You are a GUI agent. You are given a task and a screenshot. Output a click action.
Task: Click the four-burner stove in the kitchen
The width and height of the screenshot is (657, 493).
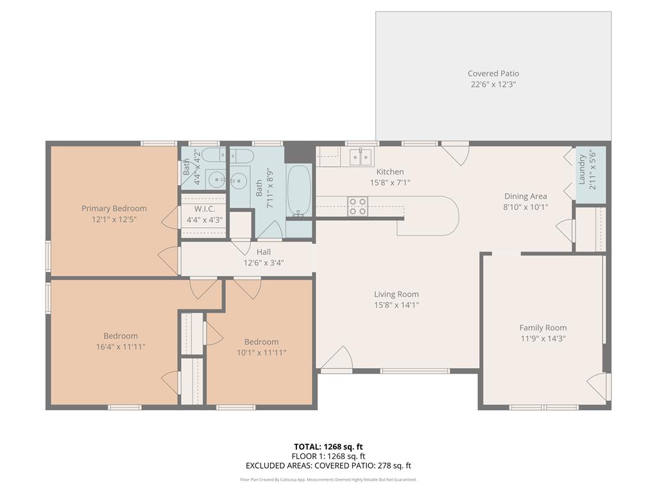357,206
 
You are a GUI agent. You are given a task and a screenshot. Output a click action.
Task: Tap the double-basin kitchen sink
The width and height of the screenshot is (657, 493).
359,157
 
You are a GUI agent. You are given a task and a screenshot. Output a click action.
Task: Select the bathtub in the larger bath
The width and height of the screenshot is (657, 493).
299,191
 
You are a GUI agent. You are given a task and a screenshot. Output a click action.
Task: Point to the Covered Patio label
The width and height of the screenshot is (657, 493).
493,74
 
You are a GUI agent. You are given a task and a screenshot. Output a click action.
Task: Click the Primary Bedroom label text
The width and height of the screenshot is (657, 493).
114,208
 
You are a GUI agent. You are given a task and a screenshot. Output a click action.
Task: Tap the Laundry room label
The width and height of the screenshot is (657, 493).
582,169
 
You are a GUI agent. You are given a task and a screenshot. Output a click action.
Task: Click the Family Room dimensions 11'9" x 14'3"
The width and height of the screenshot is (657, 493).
543,338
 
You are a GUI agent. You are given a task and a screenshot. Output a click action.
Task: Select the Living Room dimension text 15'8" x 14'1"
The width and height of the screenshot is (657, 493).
397,305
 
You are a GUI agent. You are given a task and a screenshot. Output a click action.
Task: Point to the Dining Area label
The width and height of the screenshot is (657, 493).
525,196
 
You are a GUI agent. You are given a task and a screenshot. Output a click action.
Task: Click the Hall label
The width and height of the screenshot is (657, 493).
263,252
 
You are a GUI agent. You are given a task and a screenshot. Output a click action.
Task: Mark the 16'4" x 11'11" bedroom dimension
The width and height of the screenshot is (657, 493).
121,347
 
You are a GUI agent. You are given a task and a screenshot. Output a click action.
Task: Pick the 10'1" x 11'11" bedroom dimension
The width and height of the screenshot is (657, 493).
261,352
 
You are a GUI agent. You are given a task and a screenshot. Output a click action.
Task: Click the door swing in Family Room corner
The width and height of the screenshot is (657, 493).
597,386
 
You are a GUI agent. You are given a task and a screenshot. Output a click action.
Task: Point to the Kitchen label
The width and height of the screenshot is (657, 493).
389,171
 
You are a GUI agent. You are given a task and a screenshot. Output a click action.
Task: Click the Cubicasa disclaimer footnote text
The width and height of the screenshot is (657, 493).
328,480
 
